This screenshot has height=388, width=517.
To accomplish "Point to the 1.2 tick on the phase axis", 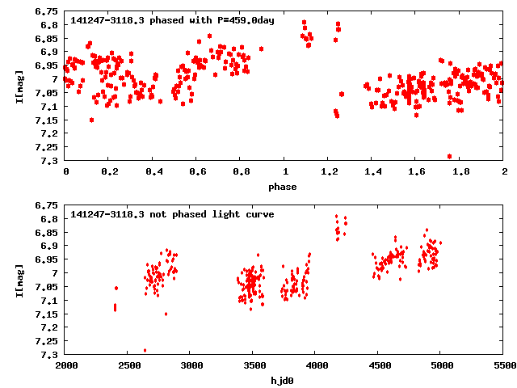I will click(329, 171).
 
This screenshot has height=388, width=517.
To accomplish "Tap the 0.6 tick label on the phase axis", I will click(197, 171).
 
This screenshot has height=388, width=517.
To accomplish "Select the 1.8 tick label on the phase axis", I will click(460, 171).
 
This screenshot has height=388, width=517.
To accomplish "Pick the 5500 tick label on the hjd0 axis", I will click(503, 365).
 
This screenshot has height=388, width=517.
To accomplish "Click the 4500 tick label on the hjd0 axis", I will click(378, 365).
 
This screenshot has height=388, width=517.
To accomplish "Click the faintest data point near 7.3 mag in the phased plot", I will click(449, 156).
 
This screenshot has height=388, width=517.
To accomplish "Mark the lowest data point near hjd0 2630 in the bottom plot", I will click(145, 350).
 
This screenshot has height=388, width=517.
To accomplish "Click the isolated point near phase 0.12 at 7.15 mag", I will click(91, 120).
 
